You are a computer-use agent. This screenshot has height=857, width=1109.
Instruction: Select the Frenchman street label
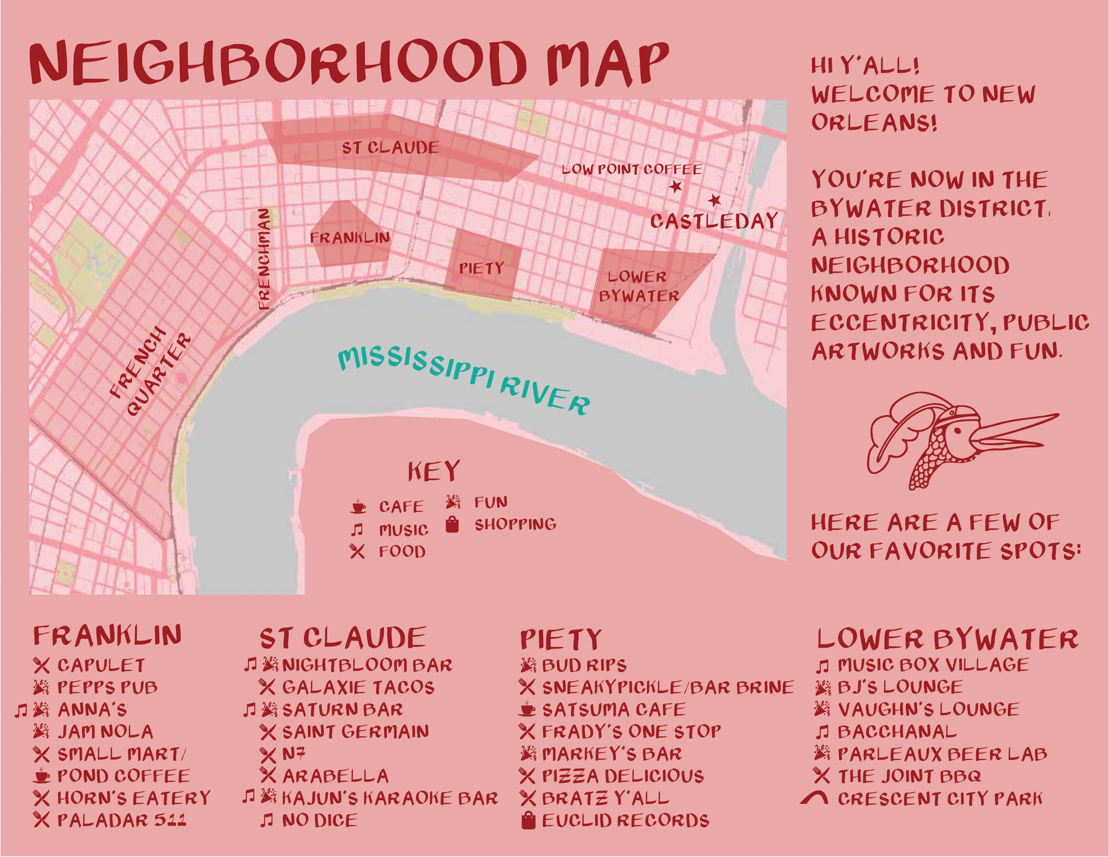click(264, 259)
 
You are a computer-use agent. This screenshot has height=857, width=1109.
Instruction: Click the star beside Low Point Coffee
click(676, 187)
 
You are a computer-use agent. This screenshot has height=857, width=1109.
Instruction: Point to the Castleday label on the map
click(714, 221)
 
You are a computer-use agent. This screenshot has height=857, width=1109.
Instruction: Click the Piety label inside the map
click(481, 269)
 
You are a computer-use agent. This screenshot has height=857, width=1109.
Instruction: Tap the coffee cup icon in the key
click(358, 507)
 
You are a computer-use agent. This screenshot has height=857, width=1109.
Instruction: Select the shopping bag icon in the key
click(452, 524)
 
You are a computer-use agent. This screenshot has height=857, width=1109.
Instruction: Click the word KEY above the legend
click(434, 472)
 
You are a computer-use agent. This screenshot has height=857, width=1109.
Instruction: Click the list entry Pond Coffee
click(123, 776)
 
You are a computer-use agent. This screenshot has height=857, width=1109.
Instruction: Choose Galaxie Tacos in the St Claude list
click(358, 687)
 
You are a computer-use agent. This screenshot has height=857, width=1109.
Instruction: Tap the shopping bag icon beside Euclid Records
click(528, 821)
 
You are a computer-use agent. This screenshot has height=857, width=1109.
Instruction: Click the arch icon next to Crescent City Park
click(814, 799)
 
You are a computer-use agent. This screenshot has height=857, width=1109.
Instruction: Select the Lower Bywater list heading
click(947, 639)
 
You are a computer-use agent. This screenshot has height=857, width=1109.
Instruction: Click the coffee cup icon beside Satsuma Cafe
click(527, 709)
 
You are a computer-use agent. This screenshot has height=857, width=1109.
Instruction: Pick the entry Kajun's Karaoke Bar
click(389, 798)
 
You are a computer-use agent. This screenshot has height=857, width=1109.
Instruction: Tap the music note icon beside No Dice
click(266, 820)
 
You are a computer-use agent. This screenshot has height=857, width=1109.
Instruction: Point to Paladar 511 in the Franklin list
click(121, 820)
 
